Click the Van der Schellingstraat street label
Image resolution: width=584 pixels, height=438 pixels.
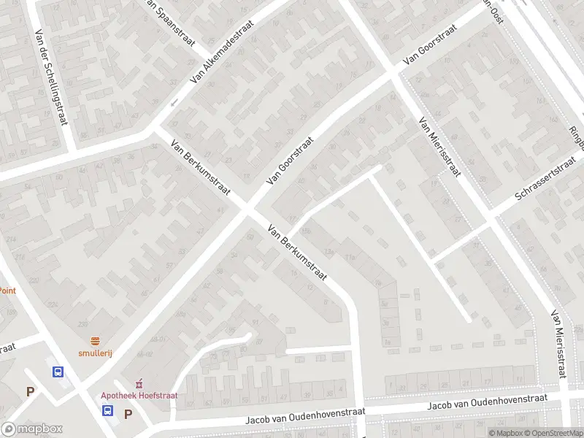click(52, 79)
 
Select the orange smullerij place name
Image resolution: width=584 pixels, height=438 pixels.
click(96, 353)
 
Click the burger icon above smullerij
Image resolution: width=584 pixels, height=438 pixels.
click(96, 341)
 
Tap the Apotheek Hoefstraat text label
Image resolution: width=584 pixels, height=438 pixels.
click(139, 396)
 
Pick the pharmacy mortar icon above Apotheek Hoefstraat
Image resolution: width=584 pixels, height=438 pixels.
click(139, 384)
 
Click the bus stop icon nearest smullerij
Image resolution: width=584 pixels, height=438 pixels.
click(58, 371)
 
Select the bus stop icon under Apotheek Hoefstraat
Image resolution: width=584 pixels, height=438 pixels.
click(107, 411)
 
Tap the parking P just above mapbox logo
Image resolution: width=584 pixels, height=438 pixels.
click(31, 391)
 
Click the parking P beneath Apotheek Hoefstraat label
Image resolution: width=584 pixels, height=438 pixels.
click(128, 414)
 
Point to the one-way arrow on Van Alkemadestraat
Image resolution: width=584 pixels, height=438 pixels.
click(174, 102)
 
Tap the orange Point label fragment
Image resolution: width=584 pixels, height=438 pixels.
click(7, 290)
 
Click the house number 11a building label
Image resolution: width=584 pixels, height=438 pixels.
click(350, 257)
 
